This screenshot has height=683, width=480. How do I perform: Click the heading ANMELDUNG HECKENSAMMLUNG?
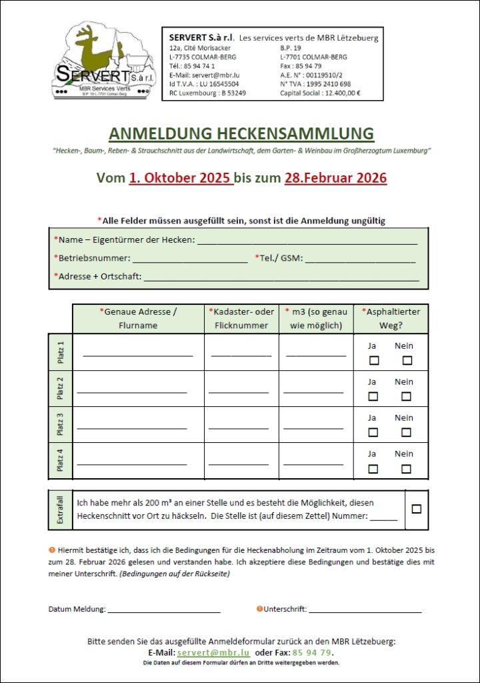[241, 133]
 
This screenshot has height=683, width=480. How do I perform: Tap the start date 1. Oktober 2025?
[181, 178]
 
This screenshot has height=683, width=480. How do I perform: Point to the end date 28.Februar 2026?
[335, 178]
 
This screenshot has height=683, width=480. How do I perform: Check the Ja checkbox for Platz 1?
[374, 361]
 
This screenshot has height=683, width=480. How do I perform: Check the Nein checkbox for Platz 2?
[406, 396]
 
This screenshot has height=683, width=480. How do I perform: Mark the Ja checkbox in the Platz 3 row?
[373, 432]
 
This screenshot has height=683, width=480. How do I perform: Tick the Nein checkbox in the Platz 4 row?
[406, 468]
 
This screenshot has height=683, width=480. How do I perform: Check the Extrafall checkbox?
[417, 509]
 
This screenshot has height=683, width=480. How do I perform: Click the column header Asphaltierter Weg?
[391, 319]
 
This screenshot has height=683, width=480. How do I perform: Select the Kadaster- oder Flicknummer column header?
[241, 319]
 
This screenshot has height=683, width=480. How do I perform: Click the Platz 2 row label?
[61, 388]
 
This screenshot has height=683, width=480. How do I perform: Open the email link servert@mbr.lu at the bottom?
[213, 652]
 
